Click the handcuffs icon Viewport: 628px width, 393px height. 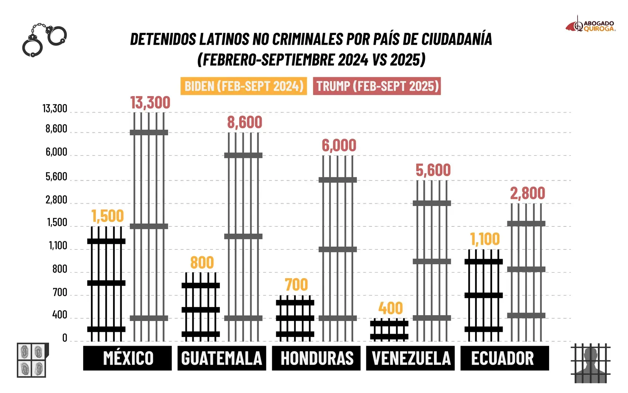pos(44,40)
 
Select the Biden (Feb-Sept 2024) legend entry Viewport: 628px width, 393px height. pos(243,86)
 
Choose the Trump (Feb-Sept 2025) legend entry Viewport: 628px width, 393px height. pos(377,86)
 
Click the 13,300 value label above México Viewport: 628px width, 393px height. pos(150,103)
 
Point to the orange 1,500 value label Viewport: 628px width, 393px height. pos(107,216)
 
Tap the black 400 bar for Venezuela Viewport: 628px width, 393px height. pos(389,330)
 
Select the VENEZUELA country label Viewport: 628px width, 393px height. pos(410,358)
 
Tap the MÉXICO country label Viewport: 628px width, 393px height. pos(128,358)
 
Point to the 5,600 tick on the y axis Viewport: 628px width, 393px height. pos(56,177)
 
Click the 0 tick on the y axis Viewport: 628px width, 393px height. pos(65,338)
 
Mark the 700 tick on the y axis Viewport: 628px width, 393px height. pos(60,292)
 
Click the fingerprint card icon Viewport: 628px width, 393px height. pos(32,360)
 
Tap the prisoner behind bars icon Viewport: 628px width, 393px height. pos(590,363)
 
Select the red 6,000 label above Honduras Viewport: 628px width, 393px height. pos(339,146)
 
